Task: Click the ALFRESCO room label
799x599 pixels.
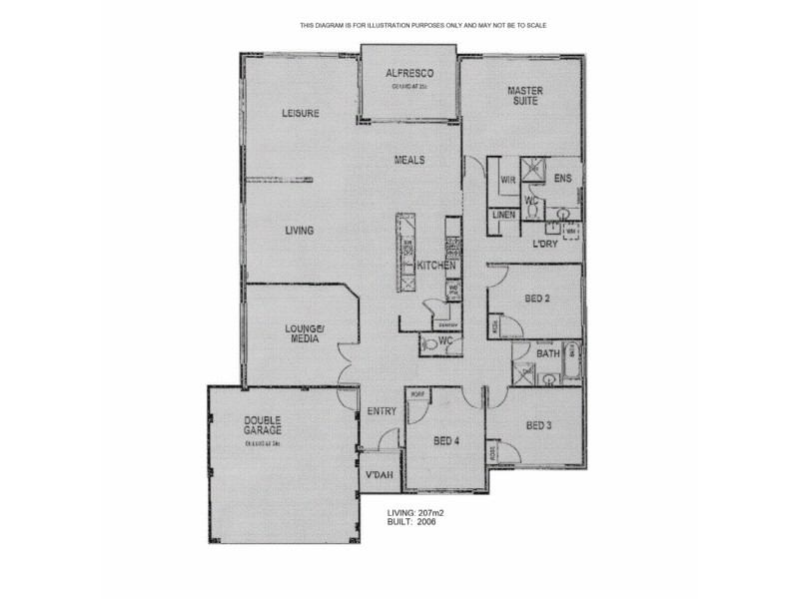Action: point(408,73)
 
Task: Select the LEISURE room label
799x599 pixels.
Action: point(300,113)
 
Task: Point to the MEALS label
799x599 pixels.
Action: point(409,160)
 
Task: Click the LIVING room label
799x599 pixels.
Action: point(300,231)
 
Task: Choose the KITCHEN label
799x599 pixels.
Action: point(436,266)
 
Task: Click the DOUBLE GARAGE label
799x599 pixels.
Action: point(263,424)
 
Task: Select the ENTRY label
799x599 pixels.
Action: point(382,410)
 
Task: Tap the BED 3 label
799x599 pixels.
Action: point(538,426)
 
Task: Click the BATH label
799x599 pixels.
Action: point(547,353)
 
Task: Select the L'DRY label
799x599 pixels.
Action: point(544,244)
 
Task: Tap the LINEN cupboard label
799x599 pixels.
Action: point(503,216)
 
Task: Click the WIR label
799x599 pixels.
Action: point(507,180)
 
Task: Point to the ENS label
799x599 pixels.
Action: point(562,180)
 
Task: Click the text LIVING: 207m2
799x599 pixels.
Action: point(415,513)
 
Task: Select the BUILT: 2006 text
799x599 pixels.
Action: point(410,522)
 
